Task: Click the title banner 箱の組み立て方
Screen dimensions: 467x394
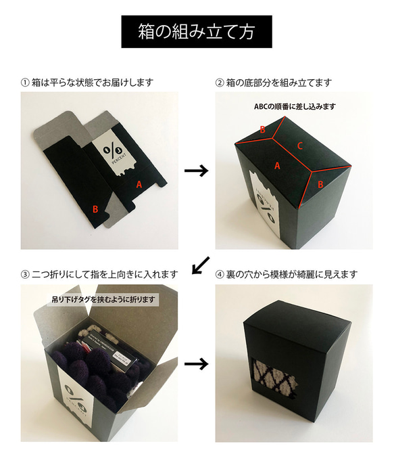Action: coord(197,31)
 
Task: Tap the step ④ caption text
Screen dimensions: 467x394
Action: coord(286,274)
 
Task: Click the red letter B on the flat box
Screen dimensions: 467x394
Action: coord(95,209)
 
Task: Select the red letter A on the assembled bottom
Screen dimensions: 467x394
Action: coord(277,164)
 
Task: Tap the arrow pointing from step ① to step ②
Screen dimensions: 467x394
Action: coord(196,171)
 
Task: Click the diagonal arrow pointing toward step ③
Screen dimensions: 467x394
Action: coord(201,265)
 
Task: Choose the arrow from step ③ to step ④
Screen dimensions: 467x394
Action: coord(196,363)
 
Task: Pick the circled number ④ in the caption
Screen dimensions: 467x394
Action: coord(219,274)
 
